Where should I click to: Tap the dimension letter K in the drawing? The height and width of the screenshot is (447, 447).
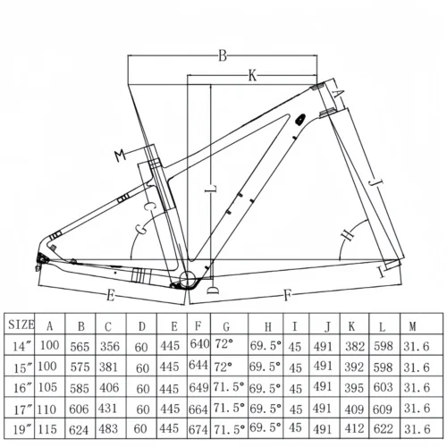[x=253, y=78]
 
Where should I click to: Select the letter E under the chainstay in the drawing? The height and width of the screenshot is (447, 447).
[x=110, y=293]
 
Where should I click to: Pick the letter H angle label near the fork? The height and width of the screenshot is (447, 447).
[x=347, y=234]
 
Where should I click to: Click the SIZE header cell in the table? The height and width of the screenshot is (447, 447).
[x=21, y=325]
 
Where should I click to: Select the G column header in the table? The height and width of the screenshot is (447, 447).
[x=227, y=326]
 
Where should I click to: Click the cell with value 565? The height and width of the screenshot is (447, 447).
[x=81, y=344]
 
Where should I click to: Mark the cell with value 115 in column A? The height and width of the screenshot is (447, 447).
[x=49, y=429]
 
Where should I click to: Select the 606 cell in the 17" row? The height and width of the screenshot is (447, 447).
[x=81, y=408]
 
